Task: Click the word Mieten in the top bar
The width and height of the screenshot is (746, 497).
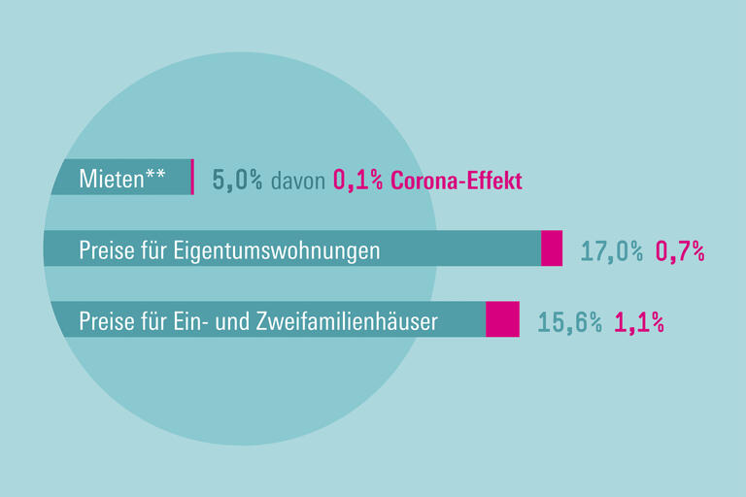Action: (x=110, y=180)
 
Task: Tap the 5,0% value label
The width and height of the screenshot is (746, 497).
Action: (x=237, y=181)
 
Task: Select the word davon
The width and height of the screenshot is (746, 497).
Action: (x=298, y=181)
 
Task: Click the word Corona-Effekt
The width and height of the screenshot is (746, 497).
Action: (x=457, y=181)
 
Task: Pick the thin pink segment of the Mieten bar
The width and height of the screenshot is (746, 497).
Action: (x=192, y=177)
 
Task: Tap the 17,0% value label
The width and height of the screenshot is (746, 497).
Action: (x=611, y=250)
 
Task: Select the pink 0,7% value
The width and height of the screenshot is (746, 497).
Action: (x=680, y=250)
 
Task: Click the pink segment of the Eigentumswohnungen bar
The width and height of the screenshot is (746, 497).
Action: (x=552, y=248)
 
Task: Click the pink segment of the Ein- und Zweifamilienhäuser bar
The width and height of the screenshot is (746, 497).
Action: (x=502, y=319)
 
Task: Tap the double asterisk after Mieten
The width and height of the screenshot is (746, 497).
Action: (x=154, y=176)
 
